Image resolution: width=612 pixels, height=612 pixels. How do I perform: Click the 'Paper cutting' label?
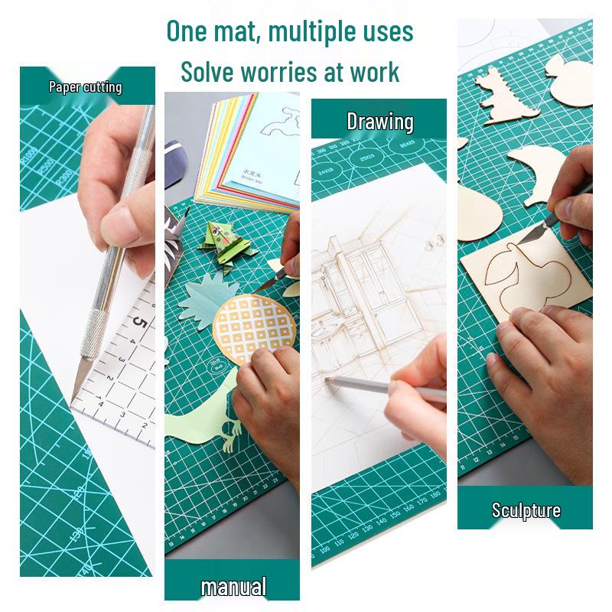[x=85, y=86]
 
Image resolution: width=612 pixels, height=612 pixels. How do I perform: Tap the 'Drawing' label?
[x=379, y=122]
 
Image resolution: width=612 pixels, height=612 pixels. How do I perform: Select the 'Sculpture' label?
[x=526, y=510]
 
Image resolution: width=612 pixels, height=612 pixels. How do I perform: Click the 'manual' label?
[x=233, y=587]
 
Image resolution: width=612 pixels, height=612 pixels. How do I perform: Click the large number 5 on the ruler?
[x=140, y=323]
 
